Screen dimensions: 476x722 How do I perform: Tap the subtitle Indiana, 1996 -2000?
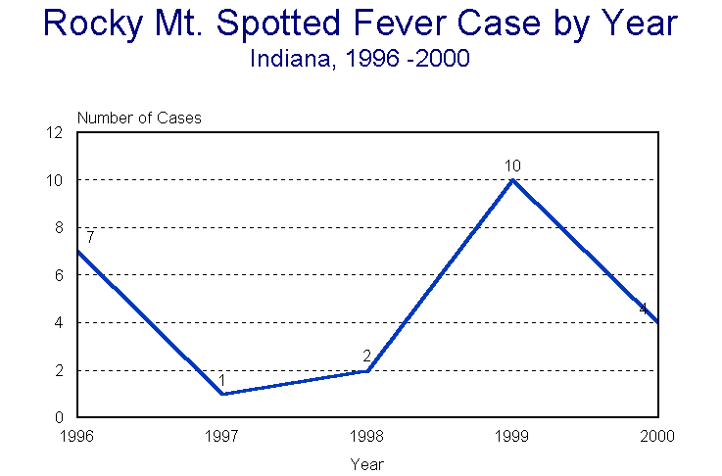click(x=361, y=59)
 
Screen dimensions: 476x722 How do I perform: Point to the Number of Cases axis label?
click(x=139, y=118)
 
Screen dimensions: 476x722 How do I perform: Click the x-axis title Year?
click(x=367, y=463)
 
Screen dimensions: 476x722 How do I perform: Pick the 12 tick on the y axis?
click(x=56, y=132)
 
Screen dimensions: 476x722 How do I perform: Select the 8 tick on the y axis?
click(x=60, y=227)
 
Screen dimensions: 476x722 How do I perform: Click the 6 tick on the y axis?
click(x=60, y=275)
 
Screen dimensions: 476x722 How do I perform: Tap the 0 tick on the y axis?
click(x=60, y=417)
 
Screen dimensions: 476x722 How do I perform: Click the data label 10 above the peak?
click(x=512, y=167)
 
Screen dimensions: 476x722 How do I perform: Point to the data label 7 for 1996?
click(x=89, y=237)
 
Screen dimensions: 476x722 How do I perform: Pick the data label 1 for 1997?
click(x=222, y=380)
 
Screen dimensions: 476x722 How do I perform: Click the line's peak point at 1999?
click(x=512, y=180)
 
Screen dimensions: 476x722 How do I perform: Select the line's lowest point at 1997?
click(x=222, y=394)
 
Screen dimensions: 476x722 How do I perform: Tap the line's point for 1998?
click(x=367, y=370)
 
